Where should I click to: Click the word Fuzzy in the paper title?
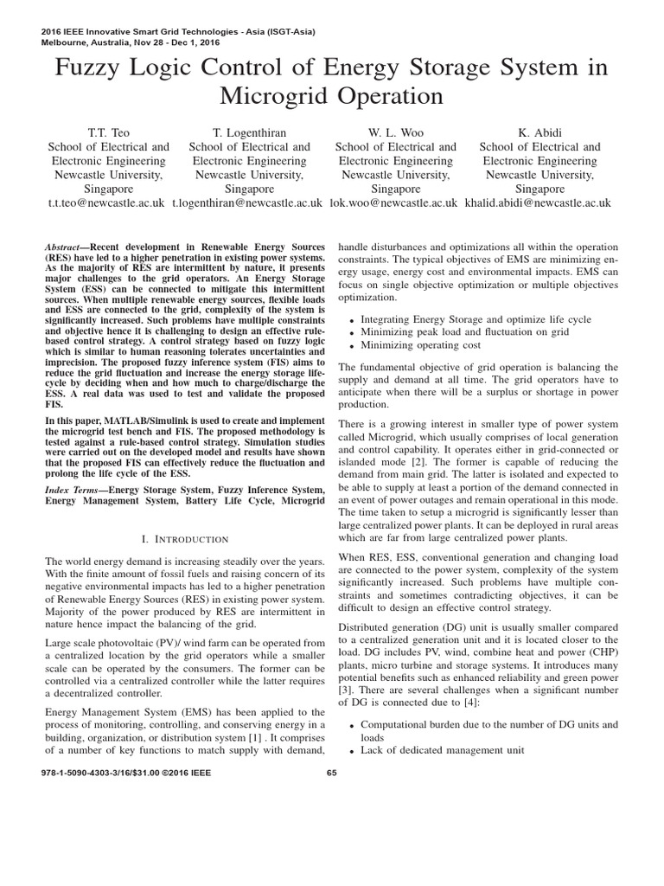tap(92, 67)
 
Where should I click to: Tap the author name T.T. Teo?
tap(108, 132)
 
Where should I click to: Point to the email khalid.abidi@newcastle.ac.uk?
tap(537, 202)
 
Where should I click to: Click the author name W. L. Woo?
tap(395, 132)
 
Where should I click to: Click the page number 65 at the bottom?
tap(332, 774)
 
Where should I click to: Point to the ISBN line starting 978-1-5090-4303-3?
tap(125, 774)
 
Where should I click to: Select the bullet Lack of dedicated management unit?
tap(442, 750)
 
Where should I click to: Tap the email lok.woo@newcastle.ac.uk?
tap(393, 202)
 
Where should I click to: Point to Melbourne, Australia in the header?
tap(82, 42)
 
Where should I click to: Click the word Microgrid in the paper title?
tap(274, 96)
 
